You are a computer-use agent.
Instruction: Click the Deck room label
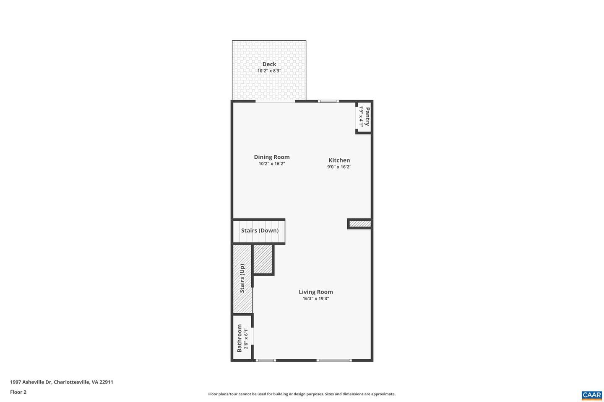tap(269, 64)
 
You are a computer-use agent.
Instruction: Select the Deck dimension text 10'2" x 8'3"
tap(269, 71)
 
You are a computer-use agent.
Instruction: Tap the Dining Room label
tap(272, 157)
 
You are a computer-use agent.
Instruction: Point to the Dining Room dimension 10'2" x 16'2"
tap(272, 164)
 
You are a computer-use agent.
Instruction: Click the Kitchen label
tap(339, 160)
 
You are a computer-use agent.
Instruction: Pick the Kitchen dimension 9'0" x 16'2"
tap(339, 167)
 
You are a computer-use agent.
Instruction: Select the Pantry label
tap(367, 116)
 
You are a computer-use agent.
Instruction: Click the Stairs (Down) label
tap(260, 230)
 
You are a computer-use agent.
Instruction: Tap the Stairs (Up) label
tap(242, 278)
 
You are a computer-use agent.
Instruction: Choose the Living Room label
tap(316, 292)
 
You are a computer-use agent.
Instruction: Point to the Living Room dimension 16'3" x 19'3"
tap(316, 299)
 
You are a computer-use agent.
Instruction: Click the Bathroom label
tap(240, 338)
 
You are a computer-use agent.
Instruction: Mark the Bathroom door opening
tap(253, 336)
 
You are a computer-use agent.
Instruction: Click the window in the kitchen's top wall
tap(328, 101)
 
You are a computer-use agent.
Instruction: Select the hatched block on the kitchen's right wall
tap(360, 224)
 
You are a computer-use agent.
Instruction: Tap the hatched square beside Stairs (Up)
tap(263, 259)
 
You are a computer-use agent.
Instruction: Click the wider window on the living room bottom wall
tap(334, 360)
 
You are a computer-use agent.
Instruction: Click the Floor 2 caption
tap(18, 392)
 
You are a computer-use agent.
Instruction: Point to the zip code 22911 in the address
tap(106, 382)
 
